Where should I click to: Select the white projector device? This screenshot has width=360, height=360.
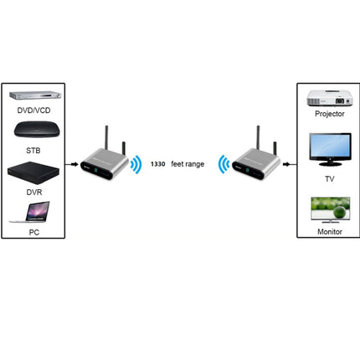[328, 98]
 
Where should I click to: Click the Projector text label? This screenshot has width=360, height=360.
[328, 114]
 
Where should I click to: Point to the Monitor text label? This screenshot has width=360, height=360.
[328, 229]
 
